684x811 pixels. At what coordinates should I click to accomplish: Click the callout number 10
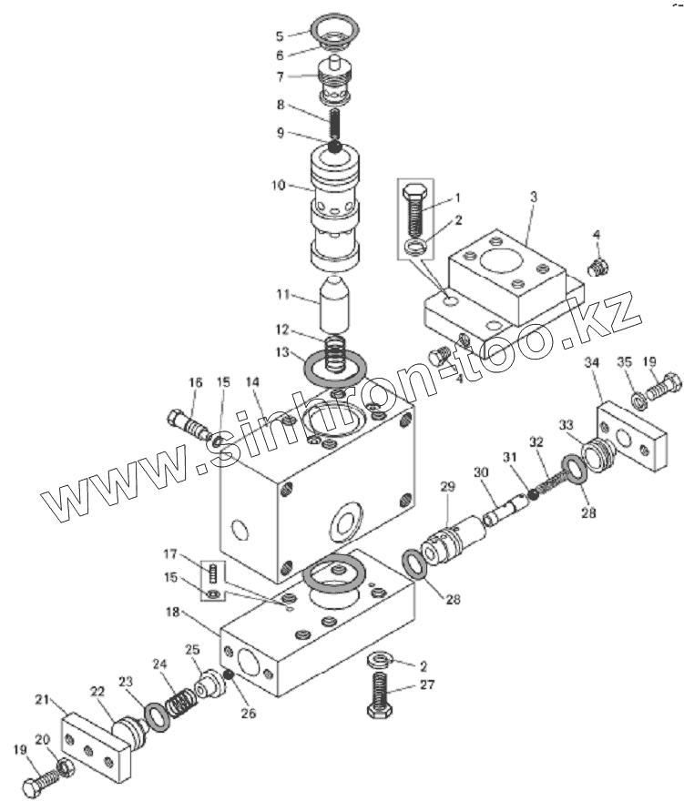pos(278,185)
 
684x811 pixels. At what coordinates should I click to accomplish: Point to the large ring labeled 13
pos(336,370)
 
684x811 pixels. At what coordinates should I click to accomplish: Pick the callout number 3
pos(534,197)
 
